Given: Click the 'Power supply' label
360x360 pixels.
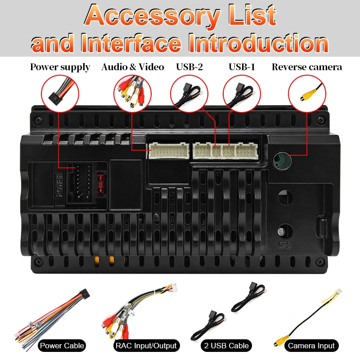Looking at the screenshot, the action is point(60,67).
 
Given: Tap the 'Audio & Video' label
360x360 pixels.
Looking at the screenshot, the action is point(133,67).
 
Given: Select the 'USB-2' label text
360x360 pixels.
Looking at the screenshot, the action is point(189,67).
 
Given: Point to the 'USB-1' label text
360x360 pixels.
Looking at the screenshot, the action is point(242,67).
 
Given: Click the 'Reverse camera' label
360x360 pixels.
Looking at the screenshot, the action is point(307,67).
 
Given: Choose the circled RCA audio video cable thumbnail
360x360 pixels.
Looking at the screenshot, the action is point(132,92).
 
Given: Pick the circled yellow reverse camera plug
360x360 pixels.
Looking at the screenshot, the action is point(307,92).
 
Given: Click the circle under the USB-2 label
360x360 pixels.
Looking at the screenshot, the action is point(189,92).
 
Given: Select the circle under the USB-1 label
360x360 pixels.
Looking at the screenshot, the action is point(242,92).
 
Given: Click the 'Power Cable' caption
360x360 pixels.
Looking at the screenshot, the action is point(62,346).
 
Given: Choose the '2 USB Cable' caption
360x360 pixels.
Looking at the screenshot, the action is point(226,346).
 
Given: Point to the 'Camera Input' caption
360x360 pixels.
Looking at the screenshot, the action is point(311,346).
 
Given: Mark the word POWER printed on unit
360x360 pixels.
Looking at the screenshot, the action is point(59,184).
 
